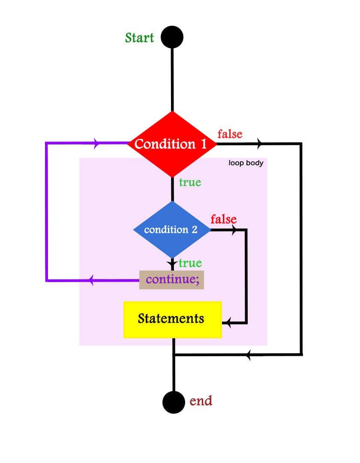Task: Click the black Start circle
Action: (x=172, y=37)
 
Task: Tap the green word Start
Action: (x=139, y=38)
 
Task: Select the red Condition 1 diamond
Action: (x=172, y=144)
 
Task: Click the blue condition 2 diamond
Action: (x=172, y=230)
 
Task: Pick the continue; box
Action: (x=171, y=280)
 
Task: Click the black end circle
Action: (x=174, y=403)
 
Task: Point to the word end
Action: (x=201, y=401)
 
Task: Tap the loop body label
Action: (x=246, y=163)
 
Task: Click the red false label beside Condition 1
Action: (x=230, y=134)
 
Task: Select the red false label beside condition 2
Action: (x=223, y=219)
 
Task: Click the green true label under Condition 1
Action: (x=190, y=182)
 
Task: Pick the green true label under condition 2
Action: (x=190, y=263)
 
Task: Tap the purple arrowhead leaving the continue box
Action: (x=90, y=281)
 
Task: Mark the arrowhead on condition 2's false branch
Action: (x=234, y=230)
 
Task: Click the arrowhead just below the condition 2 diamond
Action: (x=173, y=263)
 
